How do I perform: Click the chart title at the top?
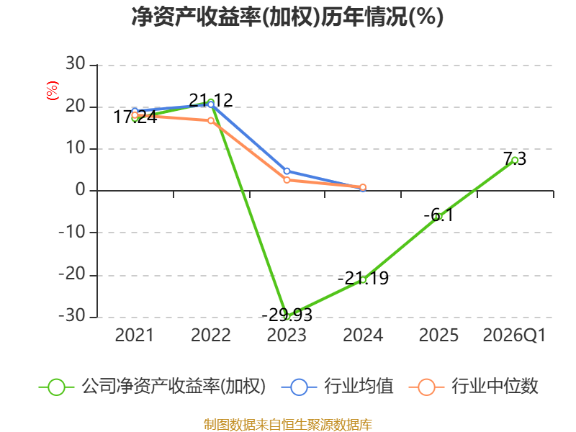click(x=287, y=17)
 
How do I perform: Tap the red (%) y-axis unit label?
click(x=52, y=91)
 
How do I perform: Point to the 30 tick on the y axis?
click(x=76, y=64)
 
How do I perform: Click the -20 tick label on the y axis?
click(x=72, y=274)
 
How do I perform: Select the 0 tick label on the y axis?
click(x=81, y=190)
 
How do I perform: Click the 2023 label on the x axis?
click(x=287, y=335)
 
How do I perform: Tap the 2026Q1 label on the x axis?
click(x=514, y=335)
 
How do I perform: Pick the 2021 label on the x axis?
click(x=135, y=335)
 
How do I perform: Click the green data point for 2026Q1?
click(x=515, y=160)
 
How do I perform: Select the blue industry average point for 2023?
click(x=287, y=171)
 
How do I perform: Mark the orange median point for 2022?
click(x=211, y=120)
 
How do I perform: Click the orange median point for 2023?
click(x=287, y=180)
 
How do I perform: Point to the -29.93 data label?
click(x=287, y=315)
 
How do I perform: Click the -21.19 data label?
click(x=363, y=278)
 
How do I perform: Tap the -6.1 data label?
click(x=438, y=215)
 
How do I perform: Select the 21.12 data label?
click(x=211, y=100)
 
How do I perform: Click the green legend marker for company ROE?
click(x=56, y=387)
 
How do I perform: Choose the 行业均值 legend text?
click(x=359, y=387)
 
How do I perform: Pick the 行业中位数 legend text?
click(x=495, y=387)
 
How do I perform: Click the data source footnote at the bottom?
click(x=287, y=425)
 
